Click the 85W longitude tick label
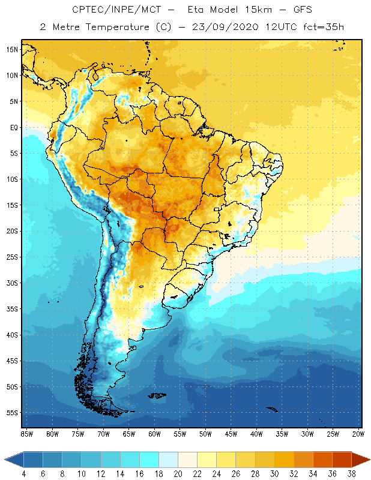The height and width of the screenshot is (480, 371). [27, 434]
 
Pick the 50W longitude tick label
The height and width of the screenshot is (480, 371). [205, 434]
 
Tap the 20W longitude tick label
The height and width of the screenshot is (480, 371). [358, 434]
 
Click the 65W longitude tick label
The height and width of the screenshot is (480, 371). [129, 434]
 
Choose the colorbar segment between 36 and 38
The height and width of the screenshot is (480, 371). [341, 460]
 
